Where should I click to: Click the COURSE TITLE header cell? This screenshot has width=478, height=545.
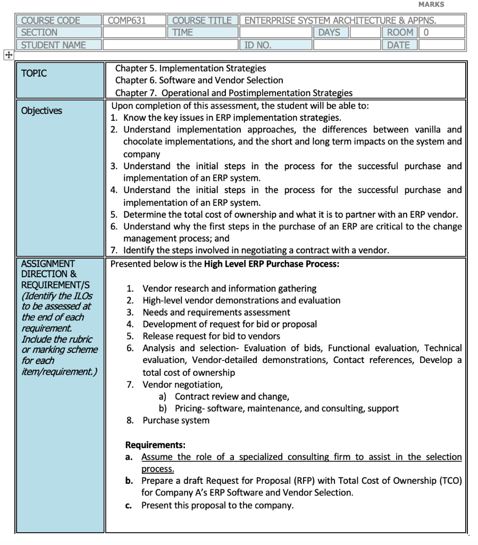pos(202,21)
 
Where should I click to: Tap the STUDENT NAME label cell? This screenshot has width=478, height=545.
pos(53,45)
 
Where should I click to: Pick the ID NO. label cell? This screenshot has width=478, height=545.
pos(258,45)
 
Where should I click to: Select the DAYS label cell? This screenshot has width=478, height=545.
pos(329,33)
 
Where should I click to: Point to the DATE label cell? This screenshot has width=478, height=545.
pos(398,45)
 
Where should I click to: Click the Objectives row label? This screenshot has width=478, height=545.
pos(40,111)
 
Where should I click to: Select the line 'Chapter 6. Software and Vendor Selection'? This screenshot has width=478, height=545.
pos(199,80)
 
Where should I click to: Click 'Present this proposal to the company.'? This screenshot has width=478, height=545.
pos(217,505)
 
